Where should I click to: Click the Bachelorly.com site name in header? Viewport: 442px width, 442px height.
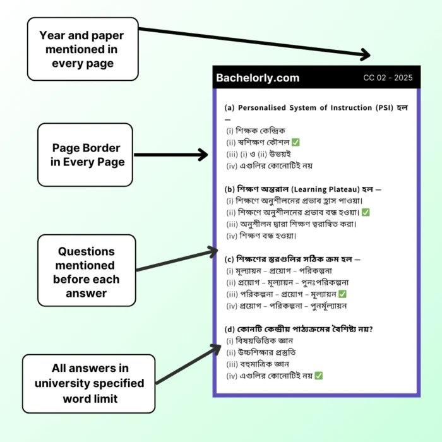point(258,78)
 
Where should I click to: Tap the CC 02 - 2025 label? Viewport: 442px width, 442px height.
point(388,78)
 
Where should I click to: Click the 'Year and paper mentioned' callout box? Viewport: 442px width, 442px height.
point(83,49)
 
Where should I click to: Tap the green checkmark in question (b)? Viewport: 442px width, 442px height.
point(366,212)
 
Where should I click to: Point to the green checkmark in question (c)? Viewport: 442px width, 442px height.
point(342,294)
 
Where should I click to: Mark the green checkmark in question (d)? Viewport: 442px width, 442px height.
point(319,376)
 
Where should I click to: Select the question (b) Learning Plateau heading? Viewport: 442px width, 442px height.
point(303,188)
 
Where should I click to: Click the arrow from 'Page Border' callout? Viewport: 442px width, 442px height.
point(170,155)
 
